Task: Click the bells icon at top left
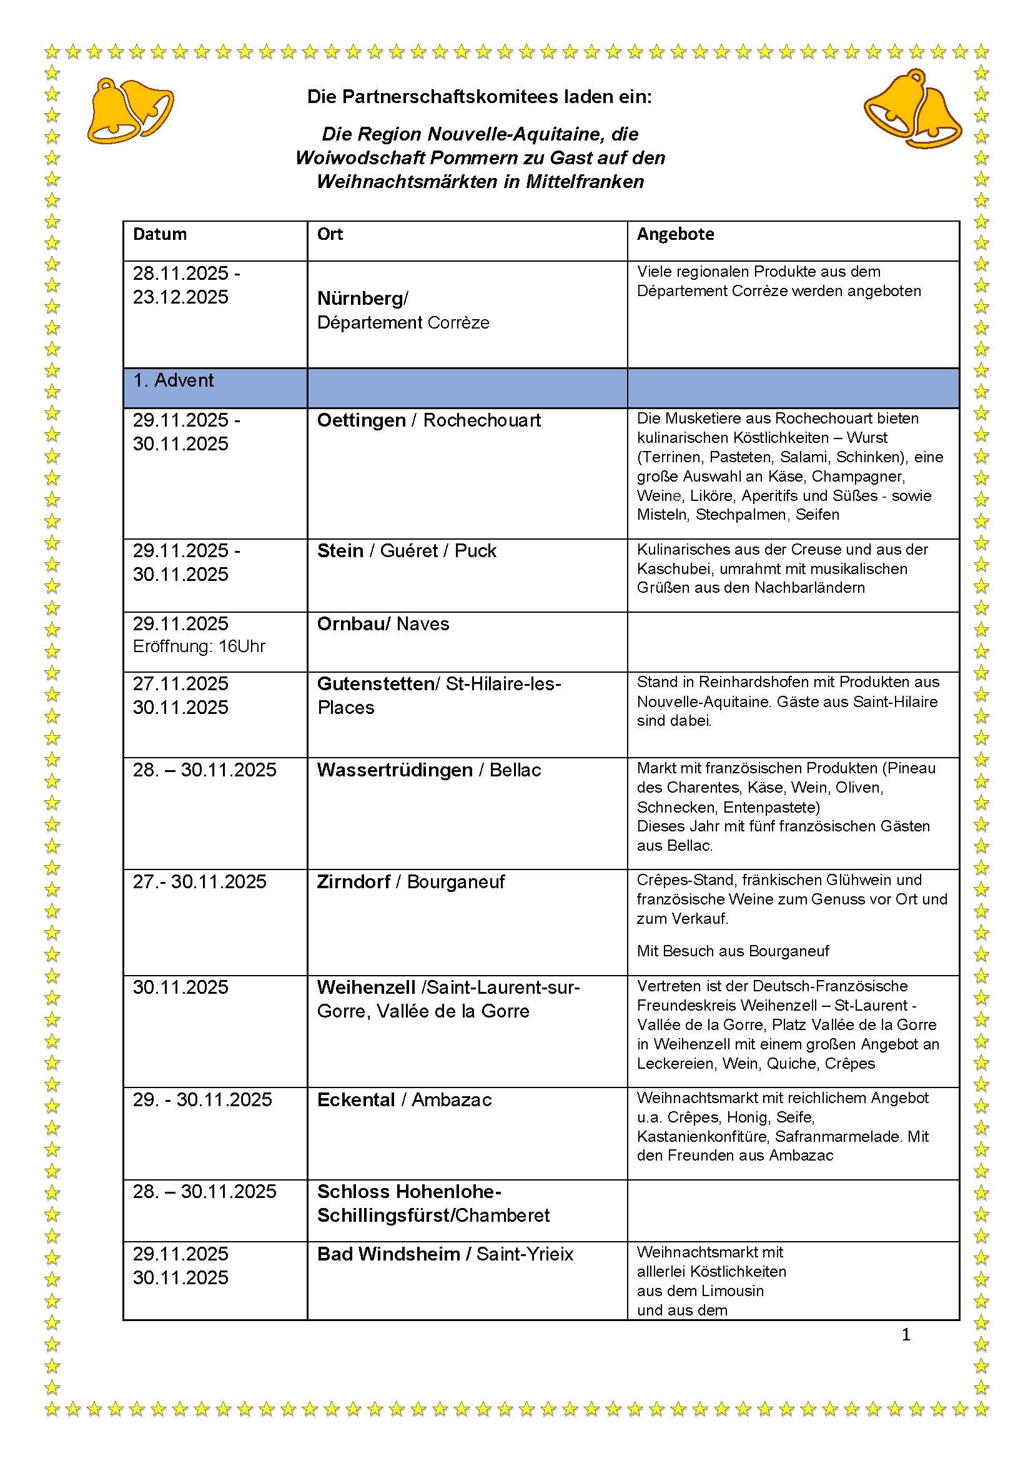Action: tap(130, 109)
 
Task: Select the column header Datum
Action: tap(159, 234)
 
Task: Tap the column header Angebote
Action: tap(675, 234)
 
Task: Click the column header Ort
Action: tap(330, 234)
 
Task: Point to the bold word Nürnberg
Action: tap(360, 299)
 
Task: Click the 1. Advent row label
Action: tap(173, 380)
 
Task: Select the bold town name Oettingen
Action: tap(361, 420)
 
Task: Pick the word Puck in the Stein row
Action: tap(475, 551)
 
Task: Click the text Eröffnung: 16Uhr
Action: tap(199, 646)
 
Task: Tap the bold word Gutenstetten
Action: tap(376, 684)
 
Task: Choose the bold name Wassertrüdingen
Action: tap(394, 770)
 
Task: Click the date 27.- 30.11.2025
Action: tap(199, 882)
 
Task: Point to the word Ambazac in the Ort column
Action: tap(452, 1099)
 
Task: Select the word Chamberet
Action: tap(503, 1216)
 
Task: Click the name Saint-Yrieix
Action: tap(525, 1254)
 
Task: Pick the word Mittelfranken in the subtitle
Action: tap(585, 182)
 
